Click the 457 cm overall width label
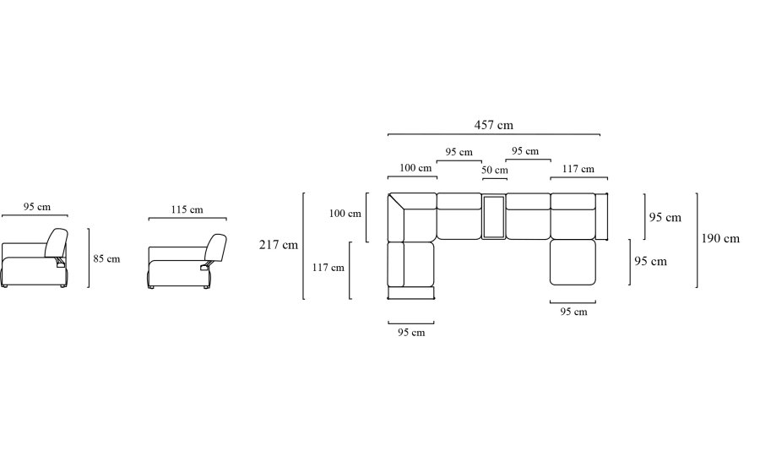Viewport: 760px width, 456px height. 493,125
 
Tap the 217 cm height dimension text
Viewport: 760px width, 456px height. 278,245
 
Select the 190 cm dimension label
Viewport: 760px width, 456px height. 720,238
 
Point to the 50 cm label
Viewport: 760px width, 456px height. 494,170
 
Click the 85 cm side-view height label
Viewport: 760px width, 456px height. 106,258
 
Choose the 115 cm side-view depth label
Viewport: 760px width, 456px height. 187,209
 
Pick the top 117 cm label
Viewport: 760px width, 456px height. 578,169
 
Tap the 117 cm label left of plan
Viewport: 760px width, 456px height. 328,268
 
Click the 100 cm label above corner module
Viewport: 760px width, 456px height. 415,168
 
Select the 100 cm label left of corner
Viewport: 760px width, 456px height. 345,214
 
